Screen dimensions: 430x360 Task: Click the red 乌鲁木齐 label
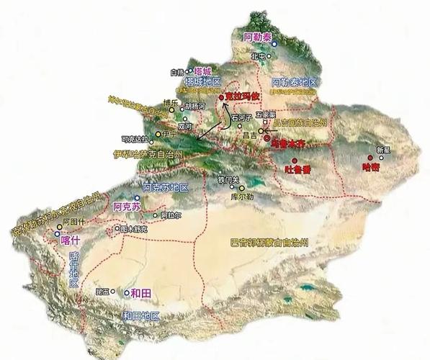pos(284,143)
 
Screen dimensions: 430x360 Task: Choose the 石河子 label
pos(241,116)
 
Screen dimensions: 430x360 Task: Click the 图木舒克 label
pos(134,229)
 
